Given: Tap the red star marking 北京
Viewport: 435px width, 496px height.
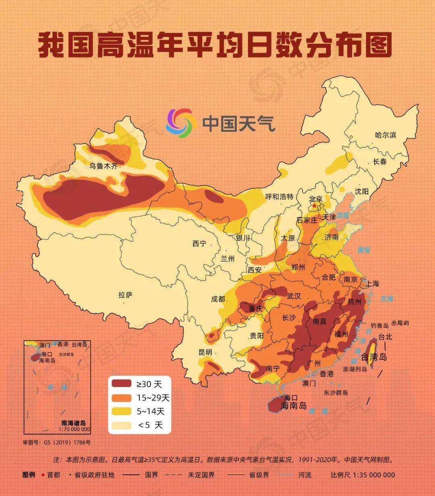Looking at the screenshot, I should click(314, 205).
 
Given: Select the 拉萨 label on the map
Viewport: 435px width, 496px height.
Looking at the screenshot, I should click(125, 295).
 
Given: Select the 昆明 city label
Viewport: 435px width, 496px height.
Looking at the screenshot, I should click(205, 352).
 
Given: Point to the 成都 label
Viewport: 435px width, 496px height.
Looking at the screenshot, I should click(218, 299).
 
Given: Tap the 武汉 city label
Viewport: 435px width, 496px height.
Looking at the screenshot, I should click(294, 296).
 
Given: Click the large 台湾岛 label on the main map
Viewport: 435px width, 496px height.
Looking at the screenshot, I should click(373, 357).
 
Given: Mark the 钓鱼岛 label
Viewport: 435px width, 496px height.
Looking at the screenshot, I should click(379, 325).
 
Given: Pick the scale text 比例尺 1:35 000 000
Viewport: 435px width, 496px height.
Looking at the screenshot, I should click(362, 475).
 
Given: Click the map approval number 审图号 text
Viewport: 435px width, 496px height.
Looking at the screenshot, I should click(56, 442).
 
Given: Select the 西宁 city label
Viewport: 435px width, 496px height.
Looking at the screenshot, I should click(199, 244).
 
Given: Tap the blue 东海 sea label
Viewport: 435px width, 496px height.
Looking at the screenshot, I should click(386, 299).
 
